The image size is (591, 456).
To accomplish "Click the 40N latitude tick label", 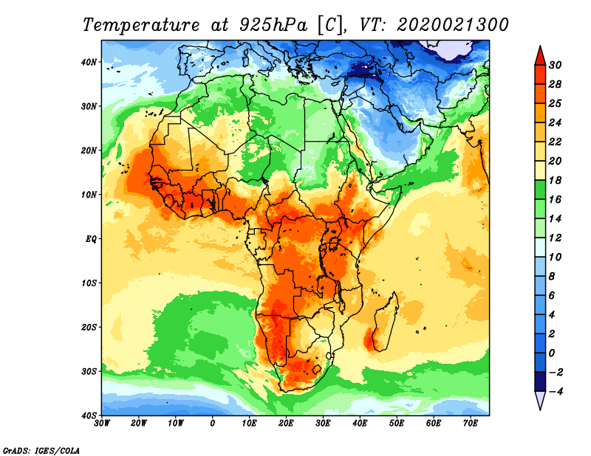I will tap(89, 62).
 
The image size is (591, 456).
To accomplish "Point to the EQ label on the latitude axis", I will tap(91, 239).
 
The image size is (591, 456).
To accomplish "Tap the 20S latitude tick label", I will tap(89, 327).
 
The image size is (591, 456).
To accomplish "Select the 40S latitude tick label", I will tap(89, 415).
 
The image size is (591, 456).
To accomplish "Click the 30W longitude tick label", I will tap(102, 424).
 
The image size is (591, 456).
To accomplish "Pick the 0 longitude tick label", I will tap(213, 424).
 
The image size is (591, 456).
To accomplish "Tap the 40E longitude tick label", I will tap(360, 424).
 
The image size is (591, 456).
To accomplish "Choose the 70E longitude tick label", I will tap(471, 424).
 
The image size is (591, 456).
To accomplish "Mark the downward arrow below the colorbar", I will tap(540, 401).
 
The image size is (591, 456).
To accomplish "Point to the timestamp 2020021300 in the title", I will tap(452, 24).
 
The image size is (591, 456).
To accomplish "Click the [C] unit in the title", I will tap(329, 24).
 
